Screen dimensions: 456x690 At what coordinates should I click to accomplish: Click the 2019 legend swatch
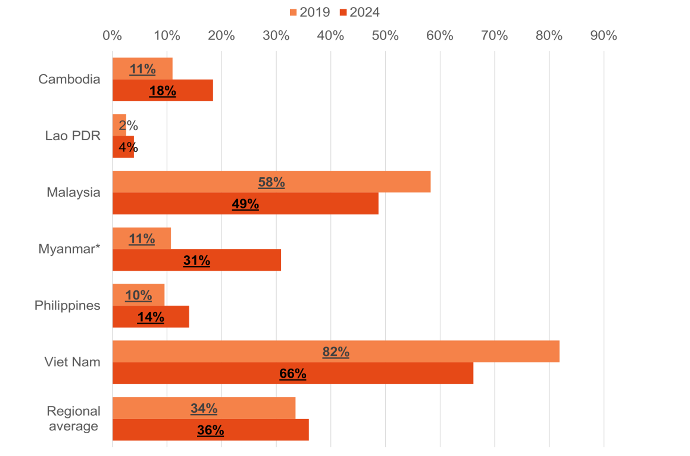pyautogui.click(x=293, y=13)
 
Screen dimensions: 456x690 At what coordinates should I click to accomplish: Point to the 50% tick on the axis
pyautogui.click(x=385, y=36)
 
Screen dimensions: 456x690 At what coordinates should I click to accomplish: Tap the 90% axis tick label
pyautogui.click(x=603, y=36)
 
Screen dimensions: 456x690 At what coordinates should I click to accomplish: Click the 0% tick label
pyautogui.click(x=112, y=36)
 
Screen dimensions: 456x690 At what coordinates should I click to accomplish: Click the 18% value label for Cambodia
pyautogui.click(x=162, y=91)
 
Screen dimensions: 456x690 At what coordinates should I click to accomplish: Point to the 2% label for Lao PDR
pyautogui.click(x=128, y=125)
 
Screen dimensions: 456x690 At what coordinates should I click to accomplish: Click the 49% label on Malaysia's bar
pyautogui.click(x=245, y=204)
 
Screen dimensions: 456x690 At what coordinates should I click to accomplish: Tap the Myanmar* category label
pyautogui.click(x=69, y=249)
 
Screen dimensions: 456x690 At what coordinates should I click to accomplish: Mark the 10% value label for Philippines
pyautogui.click(x=138, y=295)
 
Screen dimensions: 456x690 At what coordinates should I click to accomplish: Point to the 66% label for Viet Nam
pyautogui.click(x=293, y=373)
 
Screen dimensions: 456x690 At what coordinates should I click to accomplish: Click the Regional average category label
pyautogui.click(x=74, y=418)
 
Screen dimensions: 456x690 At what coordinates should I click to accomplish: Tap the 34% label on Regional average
pyautogui.click(x=204, y=408)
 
